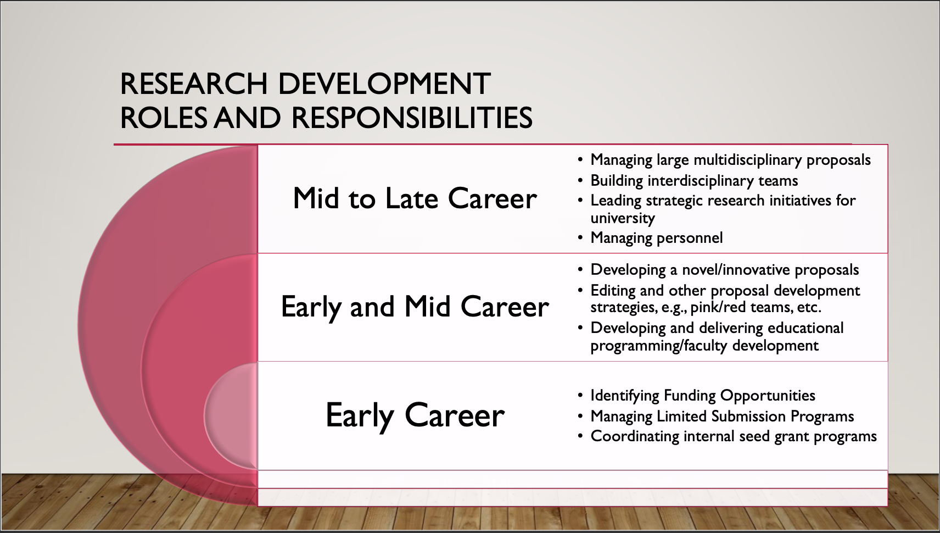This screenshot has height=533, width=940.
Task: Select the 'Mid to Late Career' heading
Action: coord(415,198)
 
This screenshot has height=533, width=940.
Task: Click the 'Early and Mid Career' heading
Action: coord(415,307)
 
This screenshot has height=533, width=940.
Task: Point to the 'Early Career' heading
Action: coord(415,415)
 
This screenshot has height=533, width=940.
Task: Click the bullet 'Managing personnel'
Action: coord(656,238)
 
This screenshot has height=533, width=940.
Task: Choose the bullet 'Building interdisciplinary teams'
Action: coord(694,181)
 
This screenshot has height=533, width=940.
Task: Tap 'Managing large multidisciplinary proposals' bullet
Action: coord(731,160)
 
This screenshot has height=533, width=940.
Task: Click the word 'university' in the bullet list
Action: coord(622,218)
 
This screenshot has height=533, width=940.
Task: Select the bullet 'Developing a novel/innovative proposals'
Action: coord(725,270)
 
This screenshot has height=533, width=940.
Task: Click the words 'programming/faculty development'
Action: coord(704,346)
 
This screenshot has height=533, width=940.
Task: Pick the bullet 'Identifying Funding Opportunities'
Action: coord(703,396)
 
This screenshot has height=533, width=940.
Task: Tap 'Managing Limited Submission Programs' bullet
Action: coord(722,417)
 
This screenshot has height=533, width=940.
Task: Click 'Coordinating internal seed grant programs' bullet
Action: coord(734,436)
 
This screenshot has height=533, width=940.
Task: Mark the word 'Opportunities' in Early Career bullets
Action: coord(768,396)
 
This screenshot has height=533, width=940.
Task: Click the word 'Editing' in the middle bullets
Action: coord(613,291)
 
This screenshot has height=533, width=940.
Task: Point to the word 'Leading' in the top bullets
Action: coord(616,201)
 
